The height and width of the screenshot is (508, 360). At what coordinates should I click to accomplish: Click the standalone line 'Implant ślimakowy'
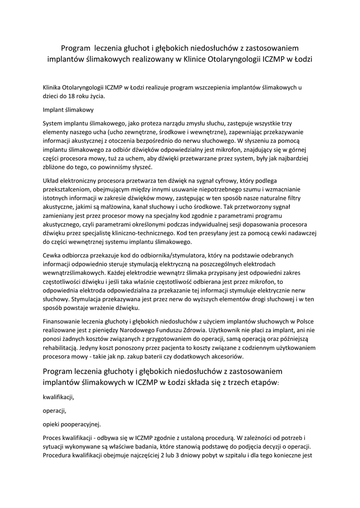(x=68, y=110)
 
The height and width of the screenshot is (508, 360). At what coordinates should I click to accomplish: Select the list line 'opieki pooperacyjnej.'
(x=72, y=424)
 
